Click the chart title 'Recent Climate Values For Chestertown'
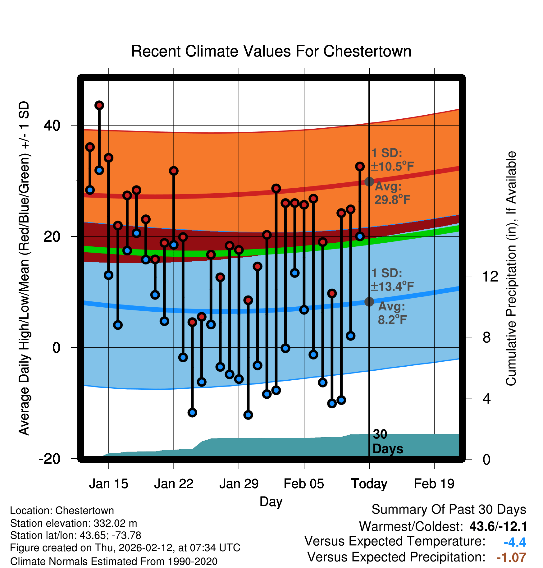point(271,51)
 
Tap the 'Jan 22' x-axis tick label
point(174,484)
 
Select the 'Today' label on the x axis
point(369,484)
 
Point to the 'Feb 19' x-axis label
point(434,484)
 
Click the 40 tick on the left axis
point(52,126)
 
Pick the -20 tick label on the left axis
point(50,459)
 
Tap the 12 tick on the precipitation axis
point(490,276)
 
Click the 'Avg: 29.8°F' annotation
point(392,193)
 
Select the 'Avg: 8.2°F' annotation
point(392,313)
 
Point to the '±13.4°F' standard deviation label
point(393,286)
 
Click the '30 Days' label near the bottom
point(387,442)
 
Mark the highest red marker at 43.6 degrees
point(99,105)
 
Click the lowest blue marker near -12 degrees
point(248,415)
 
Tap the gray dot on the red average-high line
point(369,182)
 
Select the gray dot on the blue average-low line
point(369,302)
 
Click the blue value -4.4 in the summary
point(515,542)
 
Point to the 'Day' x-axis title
point(271,502)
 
